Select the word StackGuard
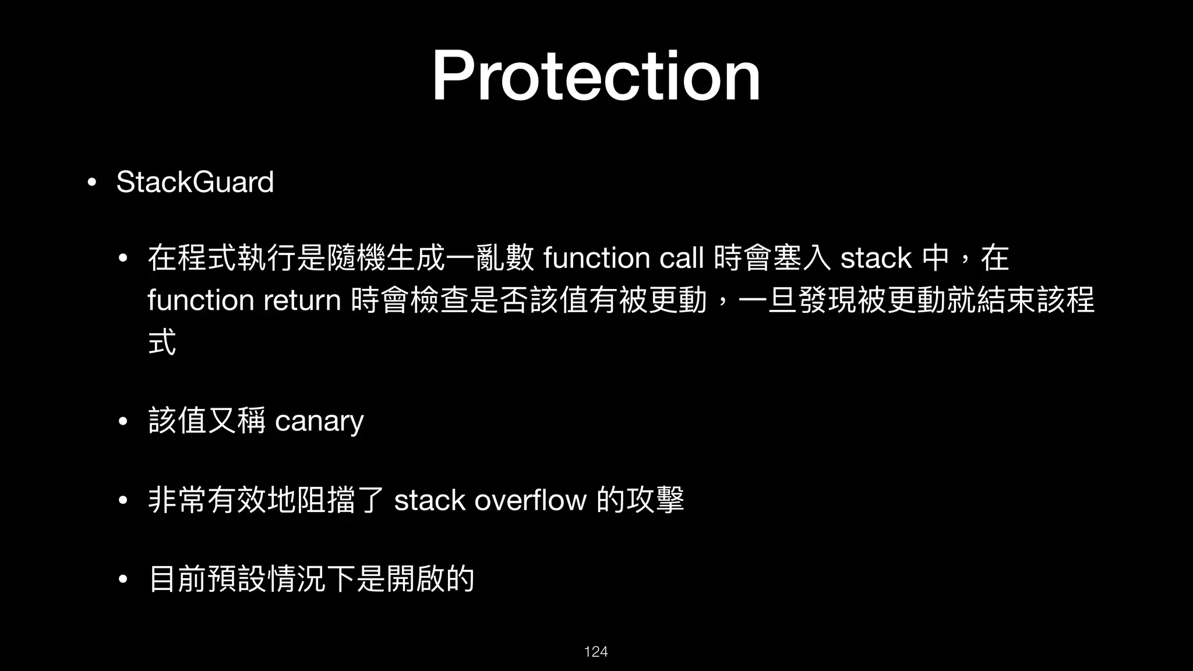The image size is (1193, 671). tap(195, 182)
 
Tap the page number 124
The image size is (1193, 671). tap(596, 651)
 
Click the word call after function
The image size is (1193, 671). tap(681, 257)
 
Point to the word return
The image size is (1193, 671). tap(302, 301)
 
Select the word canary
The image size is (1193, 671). tap(319, 421)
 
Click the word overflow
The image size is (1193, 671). tap(530, 500)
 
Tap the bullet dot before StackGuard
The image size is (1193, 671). tap(91, 182)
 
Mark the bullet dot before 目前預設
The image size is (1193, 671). tap(122, 580)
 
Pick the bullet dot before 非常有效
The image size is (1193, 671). tap(122, 500)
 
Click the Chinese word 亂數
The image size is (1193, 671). tap(504, 258)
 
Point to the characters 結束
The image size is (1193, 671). tap(1007, 301)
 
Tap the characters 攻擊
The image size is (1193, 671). tap(655, 500)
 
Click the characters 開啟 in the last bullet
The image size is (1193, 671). tap(415, 579)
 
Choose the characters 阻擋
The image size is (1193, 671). tap(326, 500)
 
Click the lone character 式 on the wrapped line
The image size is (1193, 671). tap(162, 342)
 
